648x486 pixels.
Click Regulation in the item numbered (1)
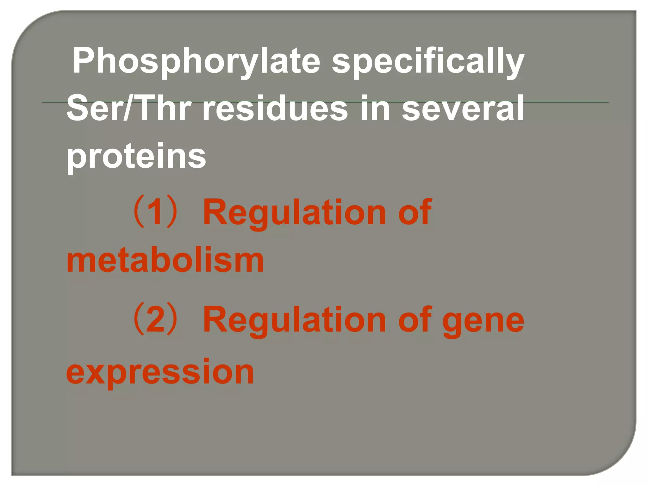coord(294,213)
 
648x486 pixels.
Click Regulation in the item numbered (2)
coord(294,320)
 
